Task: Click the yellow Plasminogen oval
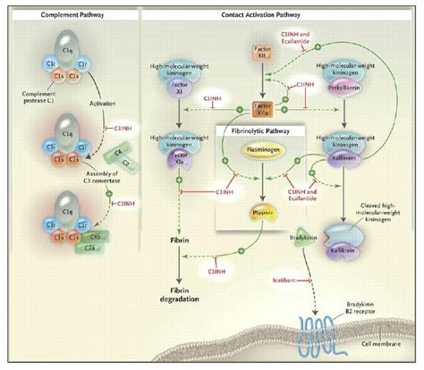[x=260, y=152]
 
